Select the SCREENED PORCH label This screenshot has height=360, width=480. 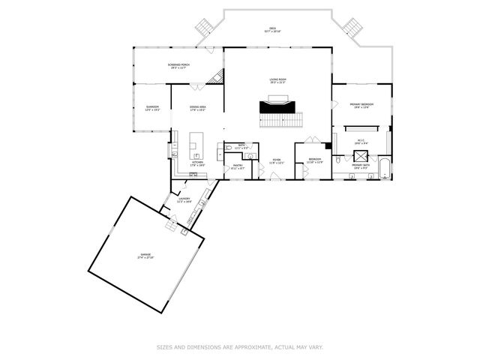[178, 66]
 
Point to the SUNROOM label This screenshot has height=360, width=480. [152, 108]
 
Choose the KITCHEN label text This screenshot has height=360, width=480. [197, 163]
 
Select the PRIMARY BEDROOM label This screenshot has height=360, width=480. [361, 105]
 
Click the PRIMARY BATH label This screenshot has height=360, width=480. [361, 166]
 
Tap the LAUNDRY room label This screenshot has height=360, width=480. [184, 200]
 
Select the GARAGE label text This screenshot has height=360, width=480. [145, 256]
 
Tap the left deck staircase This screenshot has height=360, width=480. [205, 28]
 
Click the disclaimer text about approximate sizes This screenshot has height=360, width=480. [239, 347]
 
